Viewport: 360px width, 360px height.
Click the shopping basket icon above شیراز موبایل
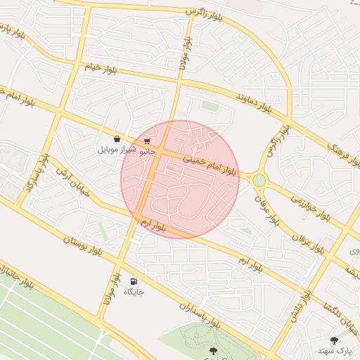(116, 139)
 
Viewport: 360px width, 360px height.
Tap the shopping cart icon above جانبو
(146, 141)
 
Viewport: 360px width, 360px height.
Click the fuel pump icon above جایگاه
(134, 281)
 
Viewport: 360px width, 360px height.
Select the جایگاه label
(134, 291)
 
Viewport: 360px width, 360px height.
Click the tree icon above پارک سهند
(334, 340)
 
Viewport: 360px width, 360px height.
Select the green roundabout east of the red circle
(259, 181)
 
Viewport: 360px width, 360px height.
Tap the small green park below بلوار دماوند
(209, 105)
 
